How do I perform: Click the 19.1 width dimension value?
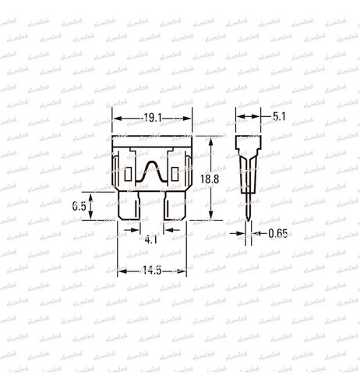click(x=153, y=119)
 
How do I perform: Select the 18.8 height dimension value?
click(x=209, y=179)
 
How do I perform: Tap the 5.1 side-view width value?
click(x=278, y=116)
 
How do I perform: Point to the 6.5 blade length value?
click(x=79, y=207)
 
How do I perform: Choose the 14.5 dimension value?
click(x=152, y=271)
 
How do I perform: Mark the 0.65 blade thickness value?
click(x=277, y=232)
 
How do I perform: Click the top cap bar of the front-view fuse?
click(x=153, y=141)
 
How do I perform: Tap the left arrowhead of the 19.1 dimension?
click(x=117, y=119)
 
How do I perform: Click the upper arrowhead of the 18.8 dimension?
click(x=212, y=140)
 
